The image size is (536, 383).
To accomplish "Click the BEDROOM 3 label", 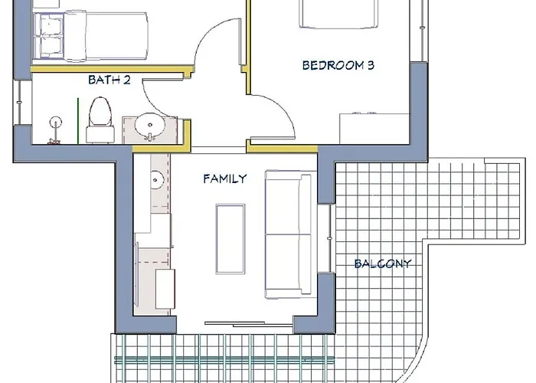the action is coord(338,65).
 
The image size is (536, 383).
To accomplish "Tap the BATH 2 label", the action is coord(109,80).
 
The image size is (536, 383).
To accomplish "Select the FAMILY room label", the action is coord(225,178).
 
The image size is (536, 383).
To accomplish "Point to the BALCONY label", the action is coord(383,264).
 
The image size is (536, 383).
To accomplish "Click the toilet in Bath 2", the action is coord(100,120).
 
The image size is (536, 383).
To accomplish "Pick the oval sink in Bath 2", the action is coord(150,125).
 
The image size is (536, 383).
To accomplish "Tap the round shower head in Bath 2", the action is coord(55,123).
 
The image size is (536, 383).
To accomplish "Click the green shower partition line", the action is coord(78,121).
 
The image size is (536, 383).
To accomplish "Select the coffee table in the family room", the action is coord(230,239).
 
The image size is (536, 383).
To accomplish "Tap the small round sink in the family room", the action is coord(157,179).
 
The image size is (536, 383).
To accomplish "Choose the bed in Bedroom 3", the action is coord(338,14).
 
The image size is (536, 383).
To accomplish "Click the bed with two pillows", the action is coord(90,36).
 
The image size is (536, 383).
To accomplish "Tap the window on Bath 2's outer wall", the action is coord(19,103).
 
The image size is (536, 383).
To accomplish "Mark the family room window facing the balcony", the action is coord(326,238).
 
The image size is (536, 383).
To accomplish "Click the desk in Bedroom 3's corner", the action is coord(374,129).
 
